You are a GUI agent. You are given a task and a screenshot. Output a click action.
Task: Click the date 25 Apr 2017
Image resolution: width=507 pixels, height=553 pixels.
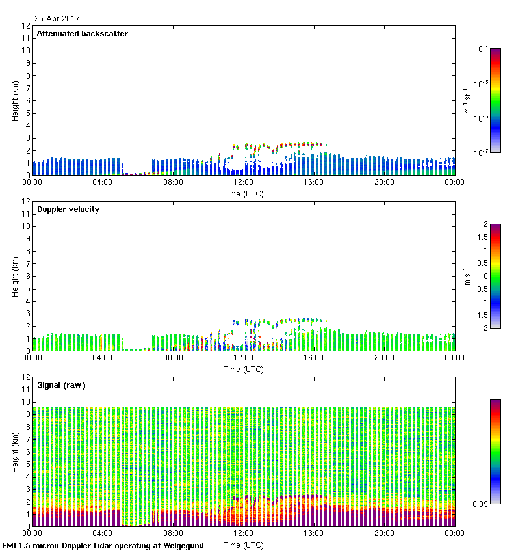tap(58, 19)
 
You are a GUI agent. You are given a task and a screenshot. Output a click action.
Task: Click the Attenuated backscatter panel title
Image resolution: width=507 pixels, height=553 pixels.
tap(82, 34)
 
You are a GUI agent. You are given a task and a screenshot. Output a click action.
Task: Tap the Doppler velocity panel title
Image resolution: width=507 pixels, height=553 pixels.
tap(68, 209)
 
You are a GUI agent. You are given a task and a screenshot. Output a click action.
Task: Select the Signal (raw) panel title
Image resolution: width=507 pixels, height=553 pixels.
tap(61, 385)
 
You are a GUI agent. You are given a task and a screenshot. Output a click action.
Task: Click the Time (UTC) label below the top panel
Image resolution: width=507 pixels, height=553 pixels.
tap(244, 193)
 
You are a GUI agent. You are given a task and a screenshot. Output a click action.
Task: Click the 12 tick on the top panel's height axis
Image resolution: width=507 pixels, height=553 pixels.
tap(27, 26)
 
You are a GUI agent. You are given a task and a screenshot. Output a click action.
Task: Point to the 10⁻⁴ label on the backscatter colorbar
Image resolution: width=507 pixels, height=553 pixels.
tap(482, 49)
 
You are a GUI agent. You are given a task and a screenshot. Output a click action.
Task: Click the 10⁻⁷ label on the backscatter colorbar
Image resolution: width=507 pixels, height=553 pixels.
tap(482, 152)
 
